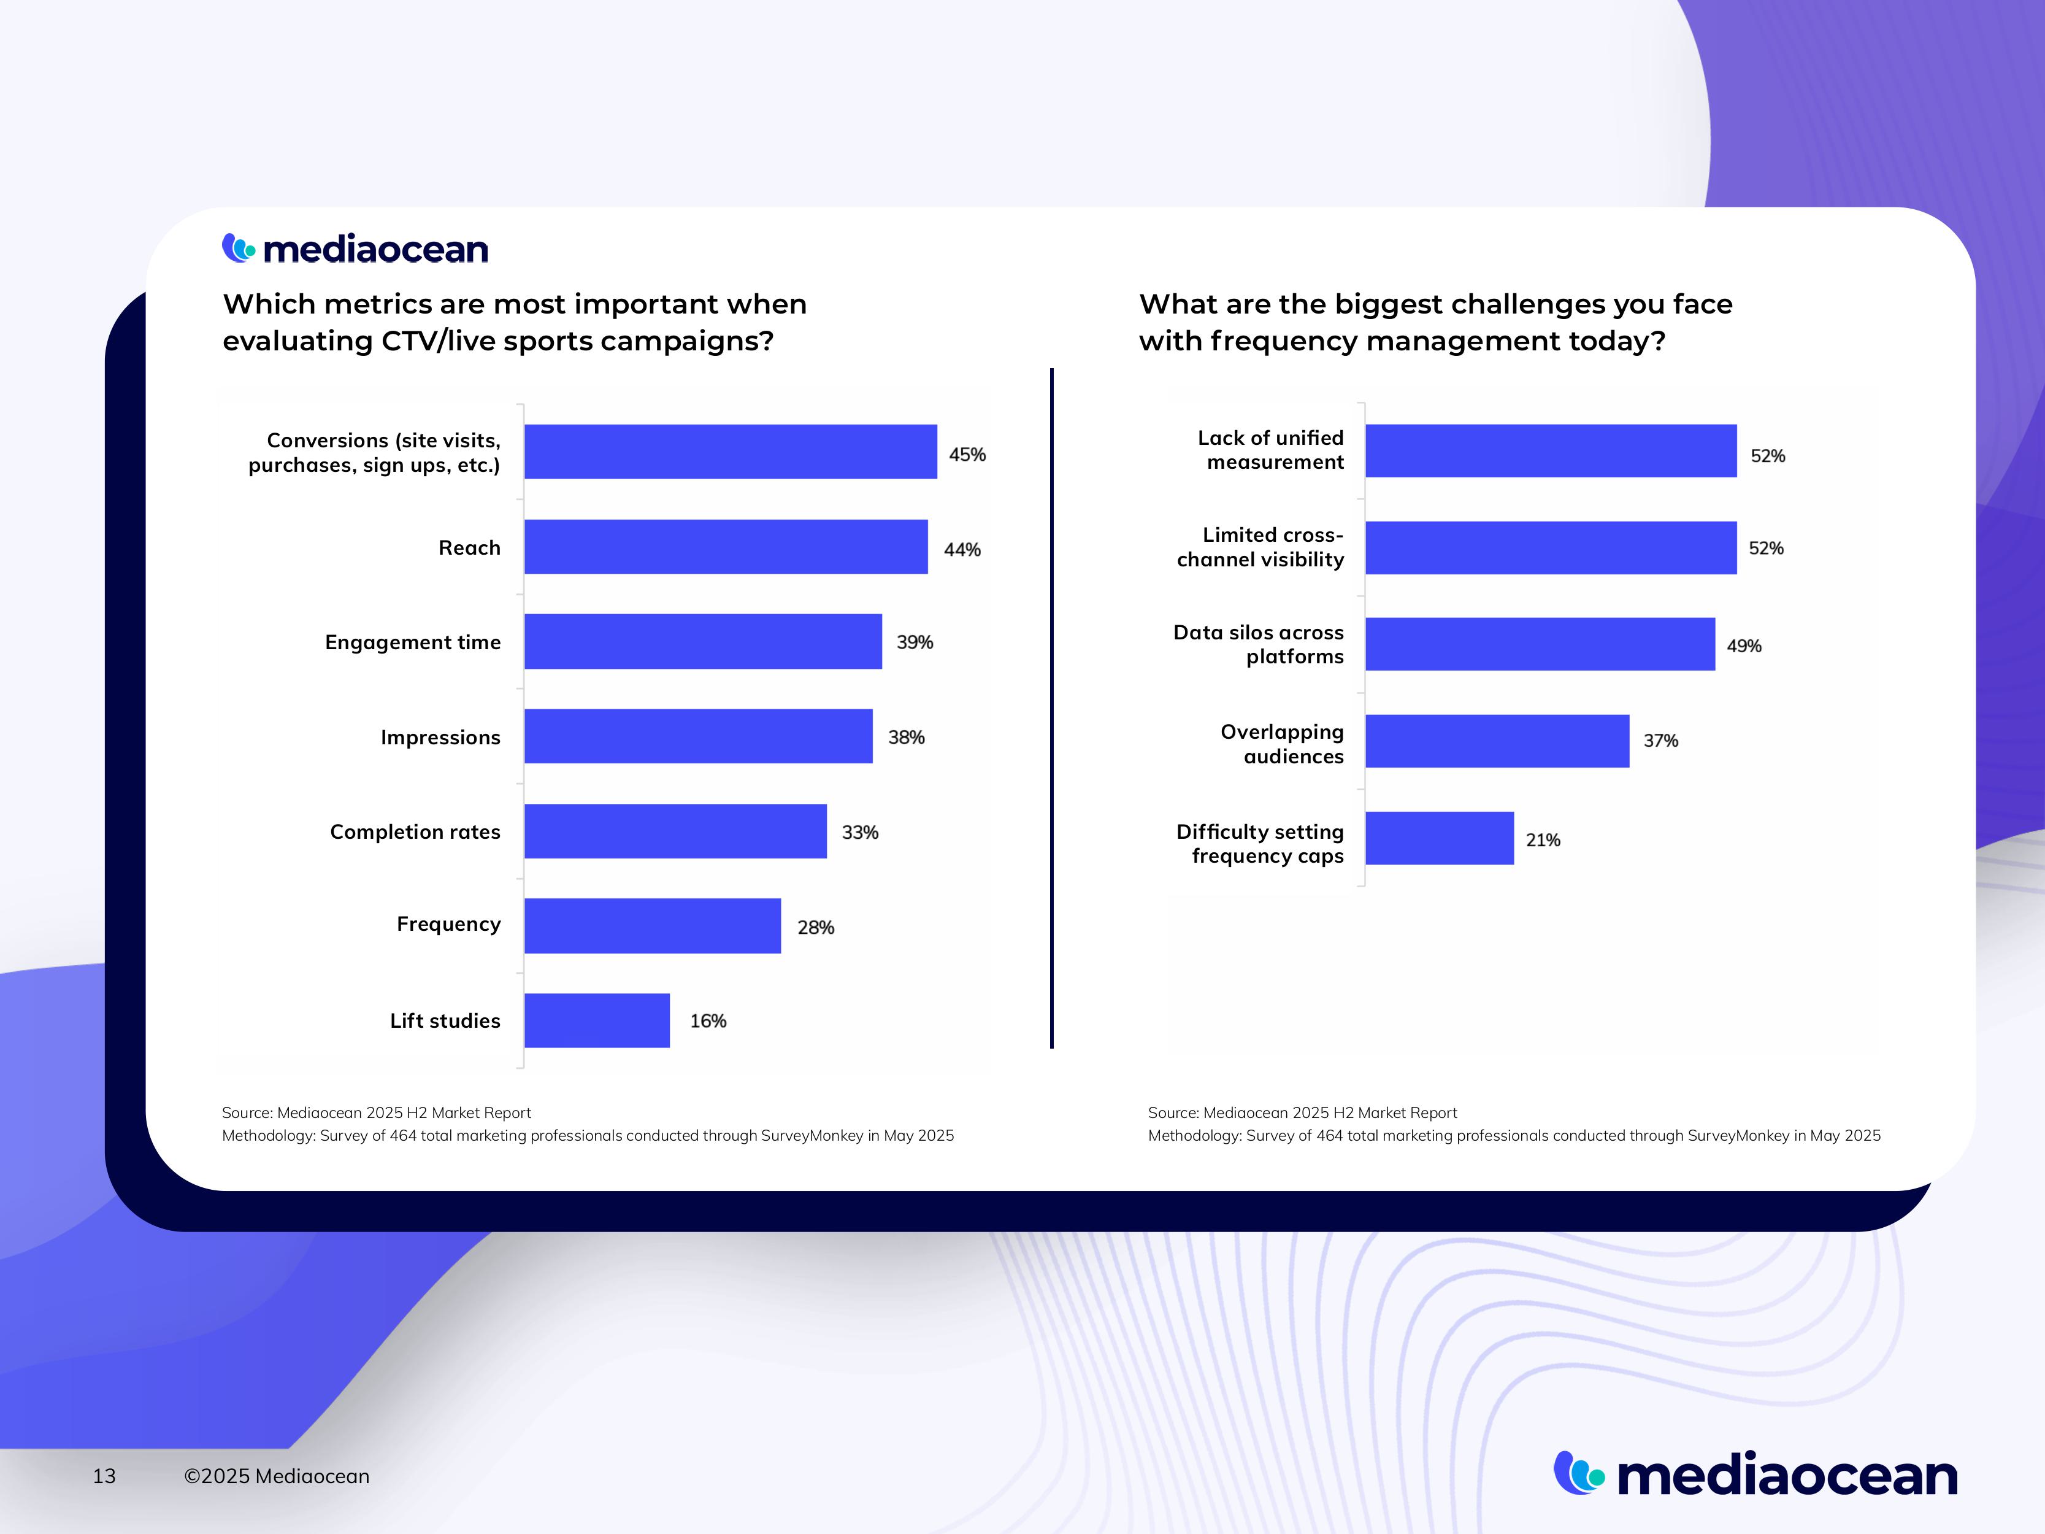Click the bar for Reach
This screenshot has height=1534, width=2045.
(x=726, y=547)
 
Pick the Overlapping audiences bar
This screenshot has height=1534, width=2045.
(x=1497, y=741)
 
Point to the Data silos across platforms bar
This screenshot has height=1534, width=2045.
(x=1540, y=644)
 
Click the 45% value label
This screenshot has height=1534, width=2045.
(x=967, y=454)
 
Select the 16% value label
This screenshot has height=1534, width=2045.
(x=708, y=1021)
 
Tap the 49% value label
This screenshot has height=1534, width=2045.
(x=1744, y=646)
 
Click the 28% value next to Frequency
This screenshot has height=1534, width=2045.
(x=815, y=927)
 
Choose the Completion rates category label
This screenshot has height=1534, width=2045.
(x=415, y=831)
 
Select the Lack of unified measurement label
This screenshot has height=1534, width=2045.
(x=1271, y=449)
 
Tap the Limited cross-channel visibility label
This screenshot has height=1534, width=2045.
(x=1260, y=547)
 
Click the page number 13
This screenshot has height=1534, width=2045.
(x=104, y=1476)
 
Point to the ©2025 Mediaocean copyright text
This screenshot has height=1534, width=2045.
(x=277, y=1476)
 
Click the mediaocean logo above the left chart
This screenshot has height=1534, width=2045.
(x=355, y=248)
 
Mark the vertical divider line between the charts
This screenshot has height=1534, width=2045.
(x=1052, y=707)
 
